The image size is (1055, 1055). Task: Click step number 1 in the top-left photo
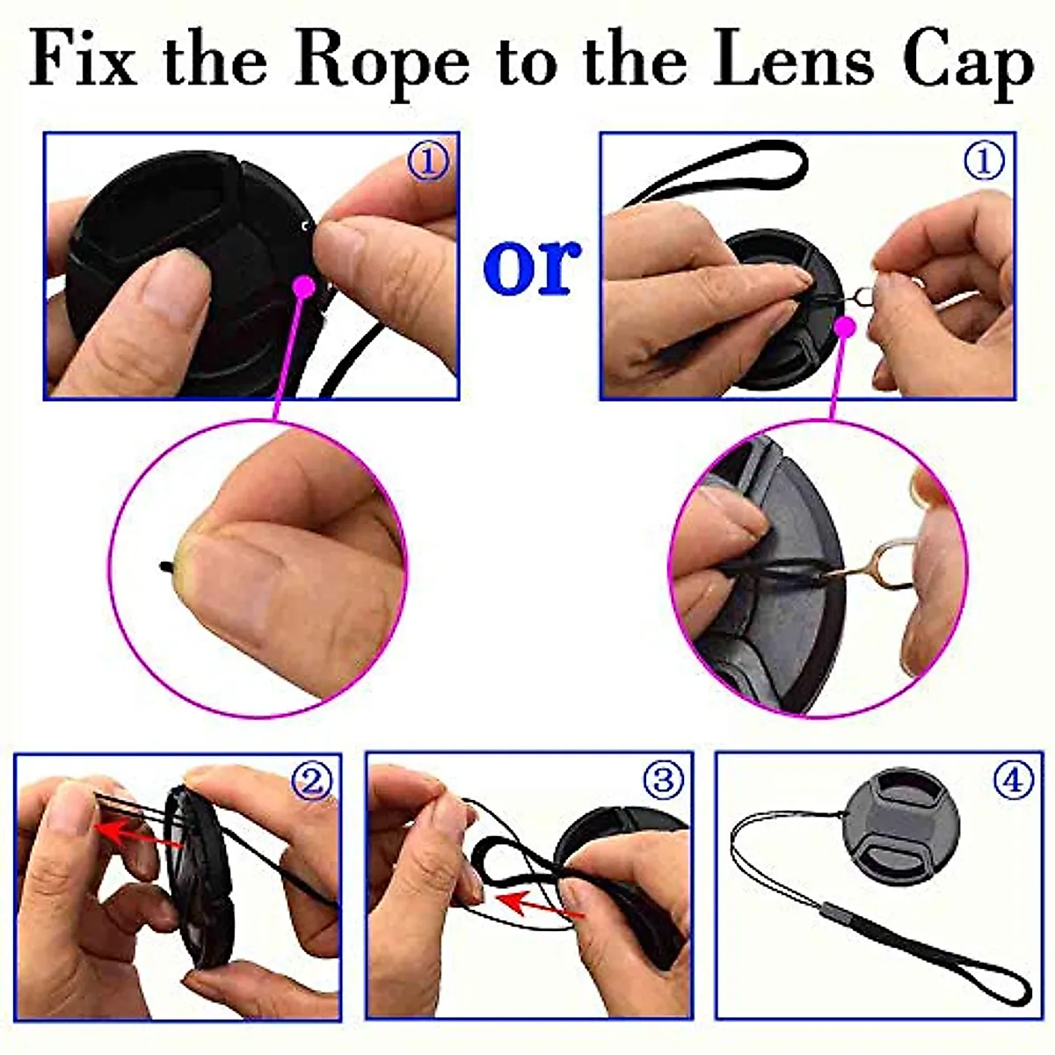click(429, 161)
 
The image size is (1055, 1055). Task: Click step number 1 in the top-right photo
click(984, 161)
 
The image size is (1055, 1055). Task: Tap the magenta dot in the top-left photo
click(304, 285)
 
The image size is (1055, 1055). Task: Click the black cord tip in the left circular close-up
click(165, 565)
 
